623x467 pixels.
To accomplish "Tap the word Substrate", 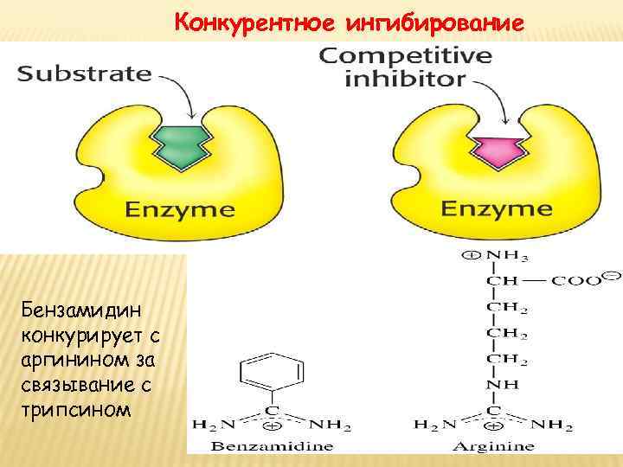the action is click(x=85, y=73).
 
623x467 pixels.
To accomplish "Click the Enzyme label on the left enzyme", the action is click(x=179, y=209).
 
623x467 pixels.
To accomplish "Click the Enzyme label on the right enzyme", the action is click(x=497, y=209).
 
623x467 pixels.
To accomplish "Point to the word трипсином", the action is click(x=77, y=409).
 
